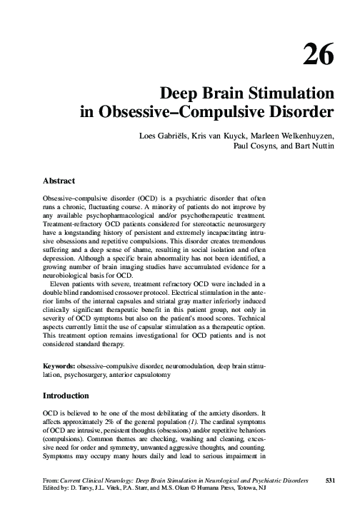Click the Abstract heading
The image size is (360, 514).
[60, 181]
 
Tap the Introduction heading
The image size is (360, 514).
[66, 395]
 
